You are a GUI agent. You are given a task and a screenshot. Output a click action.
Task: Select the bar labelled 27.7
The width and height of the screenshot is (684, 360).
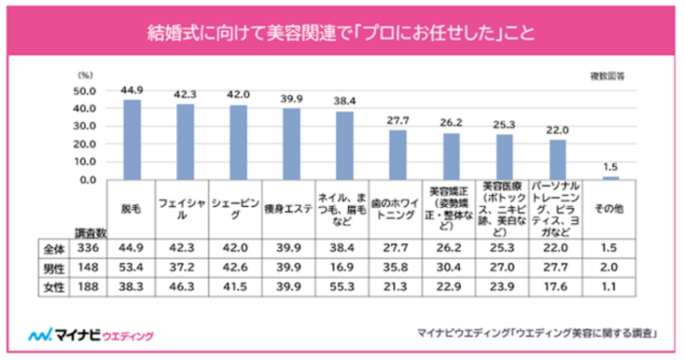pos(398,155)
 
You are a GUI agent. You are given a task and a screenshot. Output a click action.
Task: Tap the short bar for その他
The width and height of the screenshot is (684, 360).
pos(610,178)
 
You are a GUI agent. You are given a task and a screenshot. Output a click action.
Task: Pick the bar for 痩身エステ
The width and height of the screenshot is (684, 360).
pos(292,145)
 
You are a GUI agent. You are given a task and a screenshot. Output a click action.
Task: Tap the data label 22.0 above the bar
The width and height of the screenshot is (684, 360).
pos(557,131)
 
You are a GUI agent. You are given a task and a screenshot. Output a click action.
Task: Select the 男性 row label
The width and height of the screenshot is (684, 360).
pos(54,268)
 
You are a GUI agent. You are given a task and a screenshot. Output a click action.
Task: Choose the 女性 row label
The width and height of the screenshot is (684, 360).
pos(54,287)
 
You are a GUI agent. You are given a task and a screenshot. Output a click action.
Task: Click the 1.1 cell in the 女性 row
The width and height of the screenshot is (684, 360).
pos(610,287)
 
